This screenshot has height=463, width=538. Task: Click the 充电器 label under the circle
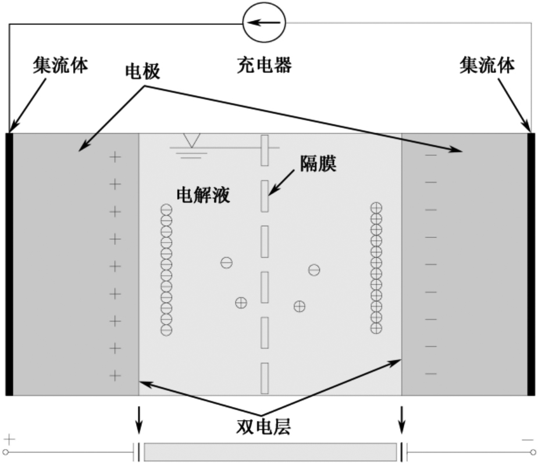point(264,65)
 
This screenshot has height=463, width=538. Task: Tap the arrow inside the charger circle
point(264,23)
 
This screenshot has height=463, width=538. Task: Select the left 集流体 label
point(60,65)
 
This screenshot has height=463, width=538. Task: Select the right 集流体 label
point(487,65)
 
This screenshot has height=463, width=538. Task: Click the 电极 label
point(142,72)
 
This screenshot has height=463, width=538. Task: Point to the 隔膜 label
point(318,163)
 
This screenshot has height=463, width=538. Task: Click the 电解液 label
point(203,195)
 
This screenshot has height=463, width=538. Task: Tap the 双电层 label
point(263,427)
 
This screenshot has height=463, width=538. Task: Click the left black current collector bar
point(9,264)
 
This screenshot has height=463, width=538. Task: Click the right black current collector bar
point(531,264)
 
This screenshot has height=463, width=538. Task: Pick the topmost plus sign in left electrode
point(115,157)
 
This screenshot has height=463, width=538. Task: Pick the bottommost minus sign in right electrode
point(430,373)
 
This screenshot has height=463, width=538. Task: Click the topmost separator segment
point(264,150)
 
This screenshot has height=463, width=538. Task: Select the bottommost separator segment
point(264,378)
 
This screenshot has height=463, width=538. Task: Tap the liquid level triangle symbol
point(191,140)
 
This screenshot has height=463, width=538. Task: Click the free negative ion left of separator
point(226,263)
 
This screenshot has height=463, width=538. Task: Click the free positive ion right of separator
point(300,306)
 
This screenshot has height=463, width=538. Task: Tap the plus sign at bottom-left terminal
point(9,440)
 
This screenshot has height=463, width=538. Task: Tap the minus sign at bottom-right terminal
point(528,440)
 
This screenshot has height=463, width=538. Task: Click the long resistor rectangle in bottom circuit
point(270,452)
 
